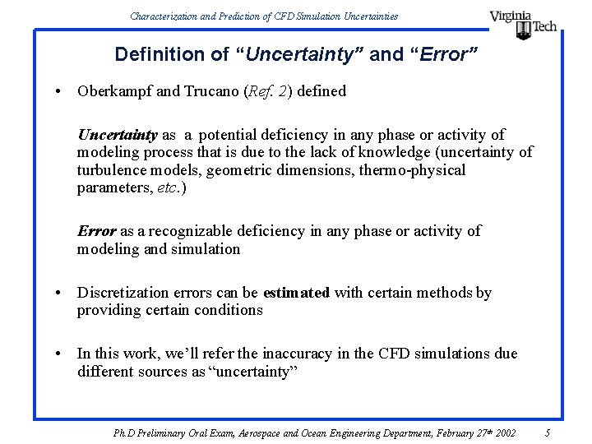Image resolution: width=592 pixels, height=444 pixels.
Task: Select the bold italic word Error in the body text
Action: tap(96, 231)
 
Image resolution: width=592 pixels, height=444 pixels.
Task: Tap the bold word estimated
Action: tap(296, 293)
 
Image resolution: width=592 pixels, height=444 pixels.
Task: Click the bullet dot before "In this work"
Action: tap(60, 354)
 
